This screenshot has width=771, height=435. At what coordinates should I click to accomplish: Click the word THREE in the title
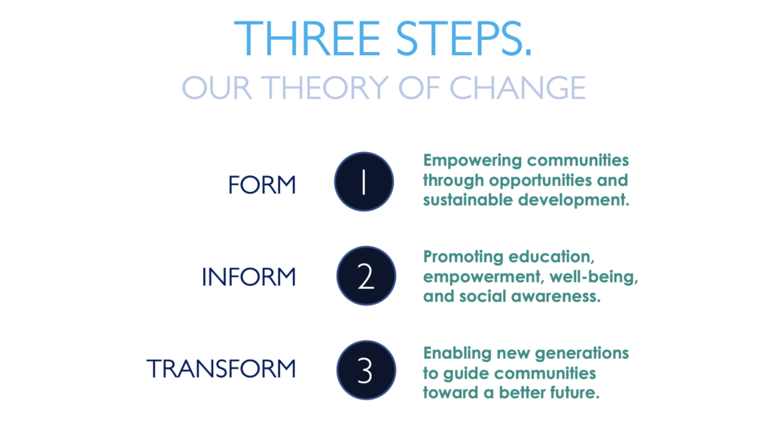(307, 38)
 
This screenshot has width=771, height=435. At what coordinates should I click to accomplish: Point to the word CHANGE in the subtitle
(517, 88)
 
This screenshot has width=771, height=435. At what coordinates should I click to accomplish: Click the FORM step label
(262, 185)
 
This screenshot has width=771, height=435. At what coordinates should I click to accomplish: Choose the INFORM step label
(248, 277)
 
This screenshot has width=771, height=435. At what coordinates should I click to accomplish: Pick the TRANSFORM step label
(221, 369)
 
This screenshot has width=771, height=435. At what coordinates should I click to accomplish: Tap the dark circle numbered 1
(364, 182)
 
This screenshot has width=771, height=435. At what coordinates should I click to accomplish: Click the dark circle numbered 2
(367, 275)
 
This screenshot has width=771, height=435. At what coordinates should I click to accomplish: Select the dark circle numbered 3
(367, 370)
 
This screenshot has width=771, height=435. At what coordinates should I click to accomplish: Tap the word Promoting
(463, 257)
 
